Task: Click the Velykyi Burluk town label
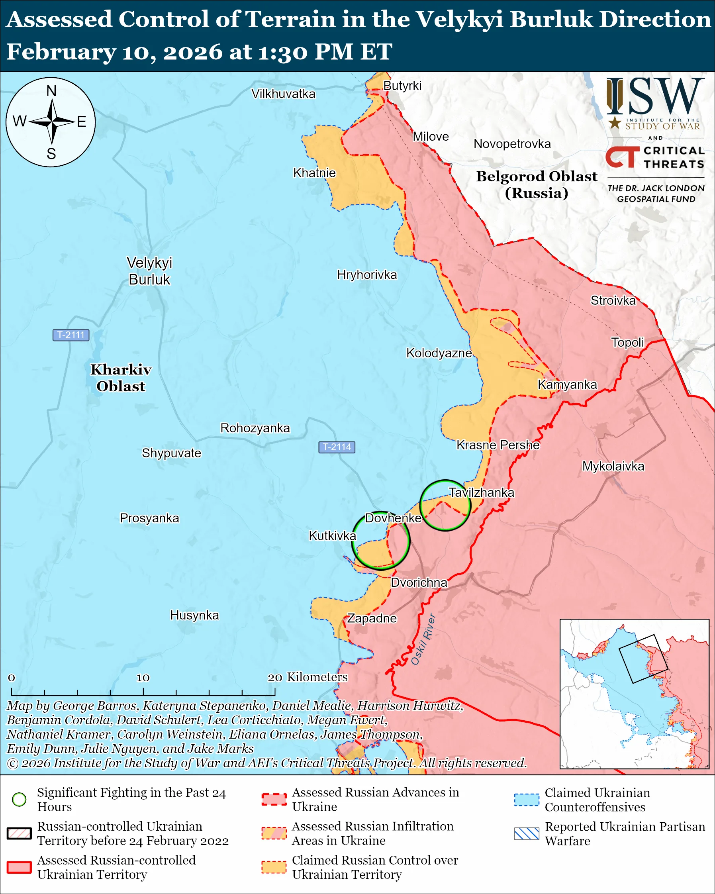coord(149,271)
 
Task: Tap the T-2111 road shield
coord(71,335)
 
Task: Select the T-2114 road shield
coord(337,447)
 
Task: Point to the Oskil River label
coord(423,639)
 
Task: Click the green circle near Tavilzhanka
coord(445,505)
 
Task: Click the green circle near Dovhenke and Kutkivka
coord(380,540)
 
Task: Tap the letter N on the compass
coord(51,91)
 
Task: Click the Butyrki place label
coord(402,86)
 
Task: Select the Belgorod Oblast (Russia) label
coord(537,184)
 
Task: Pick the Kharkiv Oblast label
coord(121,378)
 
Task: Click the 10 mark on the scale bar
coord(143,678)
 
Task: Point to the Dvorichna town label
coord(419,582)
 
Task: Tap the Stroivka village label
coord(613,300)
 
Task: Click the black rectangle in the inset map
coord(643,659)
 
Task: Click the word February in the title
coord(61,52)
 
